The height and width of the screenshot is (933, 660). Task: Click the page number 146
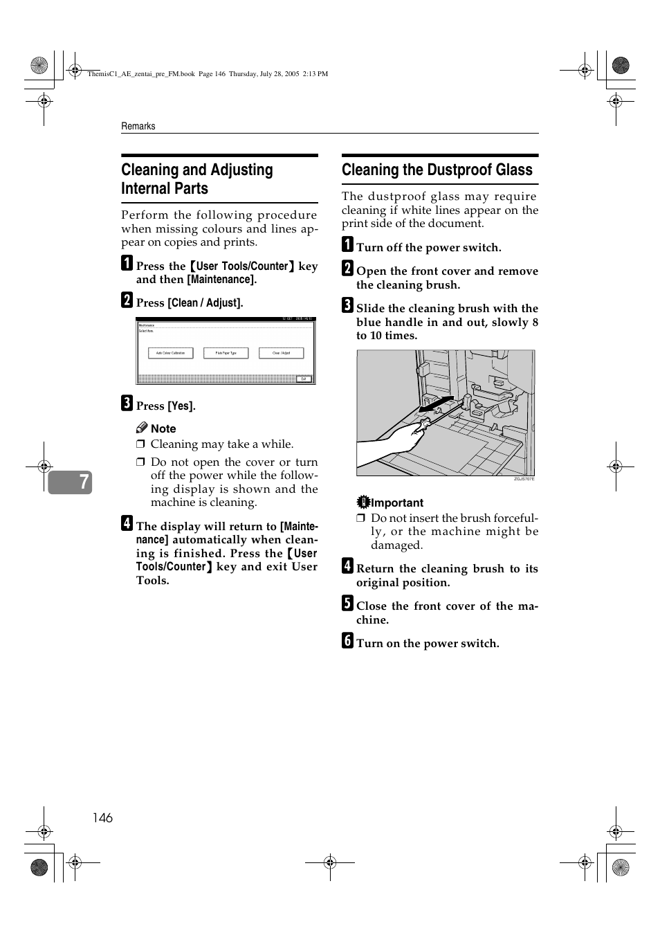coord(102,817)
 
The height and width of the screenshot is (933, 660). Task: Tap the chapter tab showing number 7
coord(70,482)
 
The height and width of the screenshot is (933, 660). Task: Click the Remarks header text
coord(138,126)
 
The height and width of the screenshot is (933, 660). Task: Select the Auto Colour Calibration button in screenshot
coord(170,353)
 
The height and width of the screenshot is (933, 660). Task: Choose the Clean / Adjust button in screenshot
coord(281,353)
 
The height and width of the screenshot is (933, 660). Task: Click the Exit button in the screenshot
coord(304,379)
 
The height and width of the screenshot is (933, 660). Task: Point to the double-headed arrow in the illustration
coord(436,404)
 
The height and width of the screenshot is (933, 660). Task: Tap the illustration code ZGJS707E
coord(524,479)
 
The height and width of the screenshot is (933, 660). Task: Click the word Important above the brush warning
coord(397,502)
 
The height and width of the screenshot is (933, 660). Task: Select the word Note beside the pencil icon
coord(163,428)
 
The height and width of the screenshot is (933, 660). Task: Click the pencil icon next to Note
coord(142,428)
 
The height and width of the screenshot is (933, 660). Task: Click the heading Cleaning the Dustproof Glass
coord(437,170)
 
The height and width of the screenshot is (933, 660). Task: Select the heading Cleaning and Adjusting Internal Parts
coord(197,179)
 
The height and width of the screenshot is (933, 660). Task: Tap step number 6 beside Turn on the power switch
coord(347,641)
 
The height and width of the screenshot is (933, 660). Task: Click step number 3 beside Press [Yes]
coord(127,404)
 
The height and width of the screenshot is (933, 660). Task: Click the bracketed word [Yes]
coord(181,406)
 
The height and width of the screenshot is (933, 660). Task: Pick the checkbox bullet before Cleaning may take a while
coord(140,444)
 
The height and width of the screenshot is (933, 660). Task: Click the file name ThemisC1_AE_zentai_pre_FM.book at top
coord(141,73)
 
